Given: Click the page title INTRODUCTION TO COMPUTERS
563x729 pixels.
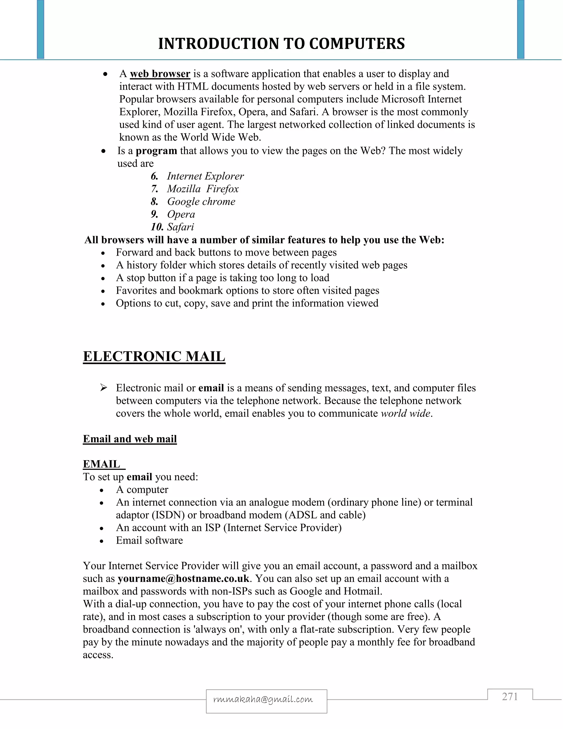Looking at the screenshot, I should click(x=281, y=44).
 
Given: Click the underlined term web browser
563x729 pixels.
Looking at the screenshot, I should click(x=160, y=74).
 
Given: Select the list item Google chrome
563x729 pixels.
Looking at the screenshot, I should click(x=201, y=202).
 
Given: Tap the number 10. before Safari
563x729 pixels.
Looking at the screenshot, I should click(x=157, y=227).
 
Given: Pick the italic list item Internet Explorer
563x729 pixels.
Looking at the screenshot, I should click(x=205, y=176).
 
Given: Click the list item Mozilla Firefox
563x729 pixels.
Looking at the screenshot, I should click(x=203, y=189).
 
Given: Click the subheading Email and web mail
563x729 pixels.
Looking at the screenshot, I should click(x=130, y=439).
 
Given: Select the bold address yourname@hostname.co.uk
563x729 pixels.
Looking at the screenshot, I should click(x=183, y=579).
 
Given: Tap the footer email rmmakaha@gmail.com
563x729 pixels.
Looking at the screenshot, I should click(x=263, y=699).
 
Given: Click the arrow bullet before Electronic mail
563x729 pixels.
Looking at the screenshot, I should click(x=103, y=388).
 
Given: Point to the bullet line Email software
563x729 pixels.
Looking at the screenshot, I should click(x=149, y=540).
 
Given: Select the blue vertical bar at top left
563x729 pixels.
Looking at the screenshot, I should click(x=40, y=29).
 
